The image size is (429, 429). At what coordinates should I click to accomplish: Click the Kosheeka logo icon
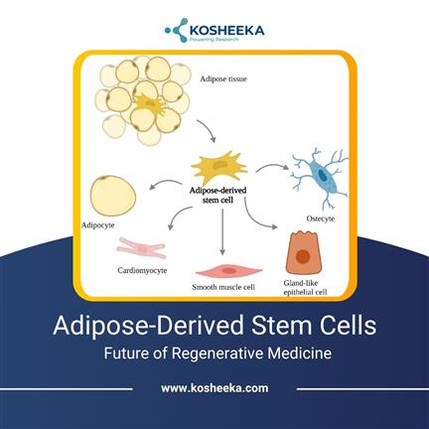point(177,30)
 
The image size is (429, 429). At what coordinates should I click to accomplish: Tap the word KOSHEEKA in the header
point(227,31)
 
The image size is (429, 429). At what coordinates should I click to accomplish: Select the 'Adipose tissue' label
point(223,79)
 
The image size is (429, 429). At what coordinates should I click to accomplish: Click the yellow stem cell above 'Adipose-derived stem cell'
point(218,167)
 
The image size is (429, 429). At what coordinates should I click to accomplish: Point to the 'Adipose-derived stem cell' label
point(217,196)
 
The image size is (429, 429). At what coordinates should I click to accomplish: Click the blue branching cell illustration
point(321,177)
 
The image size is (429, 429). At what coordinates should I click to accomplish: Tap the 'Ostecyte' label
point(321,218)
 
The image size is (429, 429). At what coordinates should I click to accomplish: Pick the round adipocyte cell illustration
point(113,196)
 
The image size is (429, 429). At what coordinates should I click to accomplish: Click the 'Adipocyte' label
point(98,225)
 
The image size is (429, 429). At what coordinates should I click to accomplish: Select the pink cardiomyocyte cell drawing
point(142,248)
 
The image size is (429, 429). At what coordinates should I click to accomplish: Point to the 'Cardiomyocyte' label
point(142,271)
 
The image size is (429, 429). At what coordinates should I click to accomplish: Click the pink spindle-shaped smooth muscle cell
point(228,271)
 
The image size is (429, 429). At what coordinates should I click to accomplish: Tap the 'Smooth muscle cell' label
point(223,287)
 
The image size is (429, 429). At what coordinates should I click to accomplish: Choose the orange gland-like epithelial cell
point(304,253)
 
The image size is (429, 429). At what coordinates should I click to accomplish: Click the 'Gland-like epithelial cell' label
point(305,288)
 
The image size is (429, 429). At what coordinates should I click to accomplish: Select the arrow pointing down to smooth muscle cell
point(222,231)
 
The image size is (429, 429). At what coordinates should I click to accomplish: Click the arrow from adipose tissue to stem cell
point(208,130)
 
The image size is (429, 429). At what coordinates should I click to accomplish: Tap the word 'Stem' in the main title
point(281,326)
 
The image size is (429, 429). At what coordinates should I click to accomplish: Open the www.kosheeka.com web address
point(214,388)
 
